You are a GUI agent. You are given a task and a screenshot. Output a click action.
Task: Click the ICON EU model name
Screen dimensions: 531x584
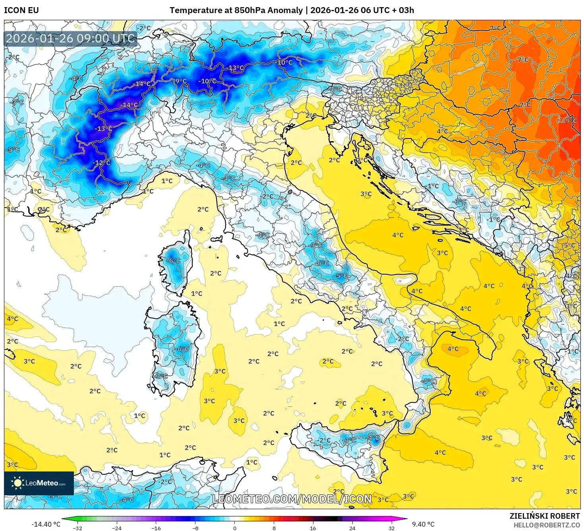(x=21, y=10)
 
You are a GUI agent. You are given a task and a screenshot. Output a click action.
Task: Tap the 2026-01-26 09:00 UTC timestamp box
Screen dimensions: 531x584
(x=70, y=38)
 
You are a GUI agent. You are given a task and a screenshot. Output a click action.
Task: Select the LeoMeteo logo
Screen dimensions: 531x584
(x=39, y=483)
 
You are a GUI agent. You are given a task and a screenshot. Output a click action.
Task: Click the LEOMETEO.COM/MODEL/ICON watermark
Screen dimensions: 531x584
(x=292, y=499)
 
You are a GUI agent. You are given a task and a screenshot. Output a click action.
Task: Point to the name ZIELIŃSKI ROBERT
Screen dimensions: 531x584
(x=544, y=516)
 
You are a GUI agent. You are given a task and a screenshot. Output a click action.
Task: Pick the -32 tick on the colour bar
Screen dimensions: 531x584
(x=77, y=528)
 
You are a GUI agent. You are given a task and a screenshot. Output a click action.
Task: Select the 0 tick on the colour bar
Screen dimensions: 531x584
(x=234, y=528)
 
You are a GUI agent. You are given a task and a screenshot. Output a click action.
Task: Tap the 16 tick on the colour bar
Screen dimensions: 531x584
(x=313, y=528)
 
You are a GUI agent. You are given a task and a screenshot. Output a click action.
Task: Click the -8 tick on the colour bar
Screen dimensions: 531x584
(x=195, y=528)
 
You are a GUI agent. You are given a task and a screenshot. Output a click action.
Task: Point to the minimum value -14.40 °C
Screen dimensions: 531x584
(x=46, y=524)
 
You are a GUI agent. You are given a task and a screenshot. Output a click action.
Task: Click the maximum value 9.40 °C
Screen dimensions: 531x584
(x=423, y=524)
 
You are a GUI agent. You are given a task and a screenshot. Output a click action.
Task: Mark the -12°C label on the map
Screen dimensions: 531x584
(x=102, y=163)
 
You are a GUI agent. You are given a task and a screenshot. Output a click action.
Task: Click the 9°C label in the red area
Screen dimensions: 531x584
(x=571, y=120)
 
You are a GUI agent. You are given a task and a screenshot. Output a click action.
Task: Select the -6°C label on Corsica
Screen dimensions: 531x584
(x=174, y=260)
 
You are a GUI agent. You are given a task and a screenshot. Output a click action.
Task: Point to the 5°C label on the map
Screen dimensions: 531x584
(x=569, y=245)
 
